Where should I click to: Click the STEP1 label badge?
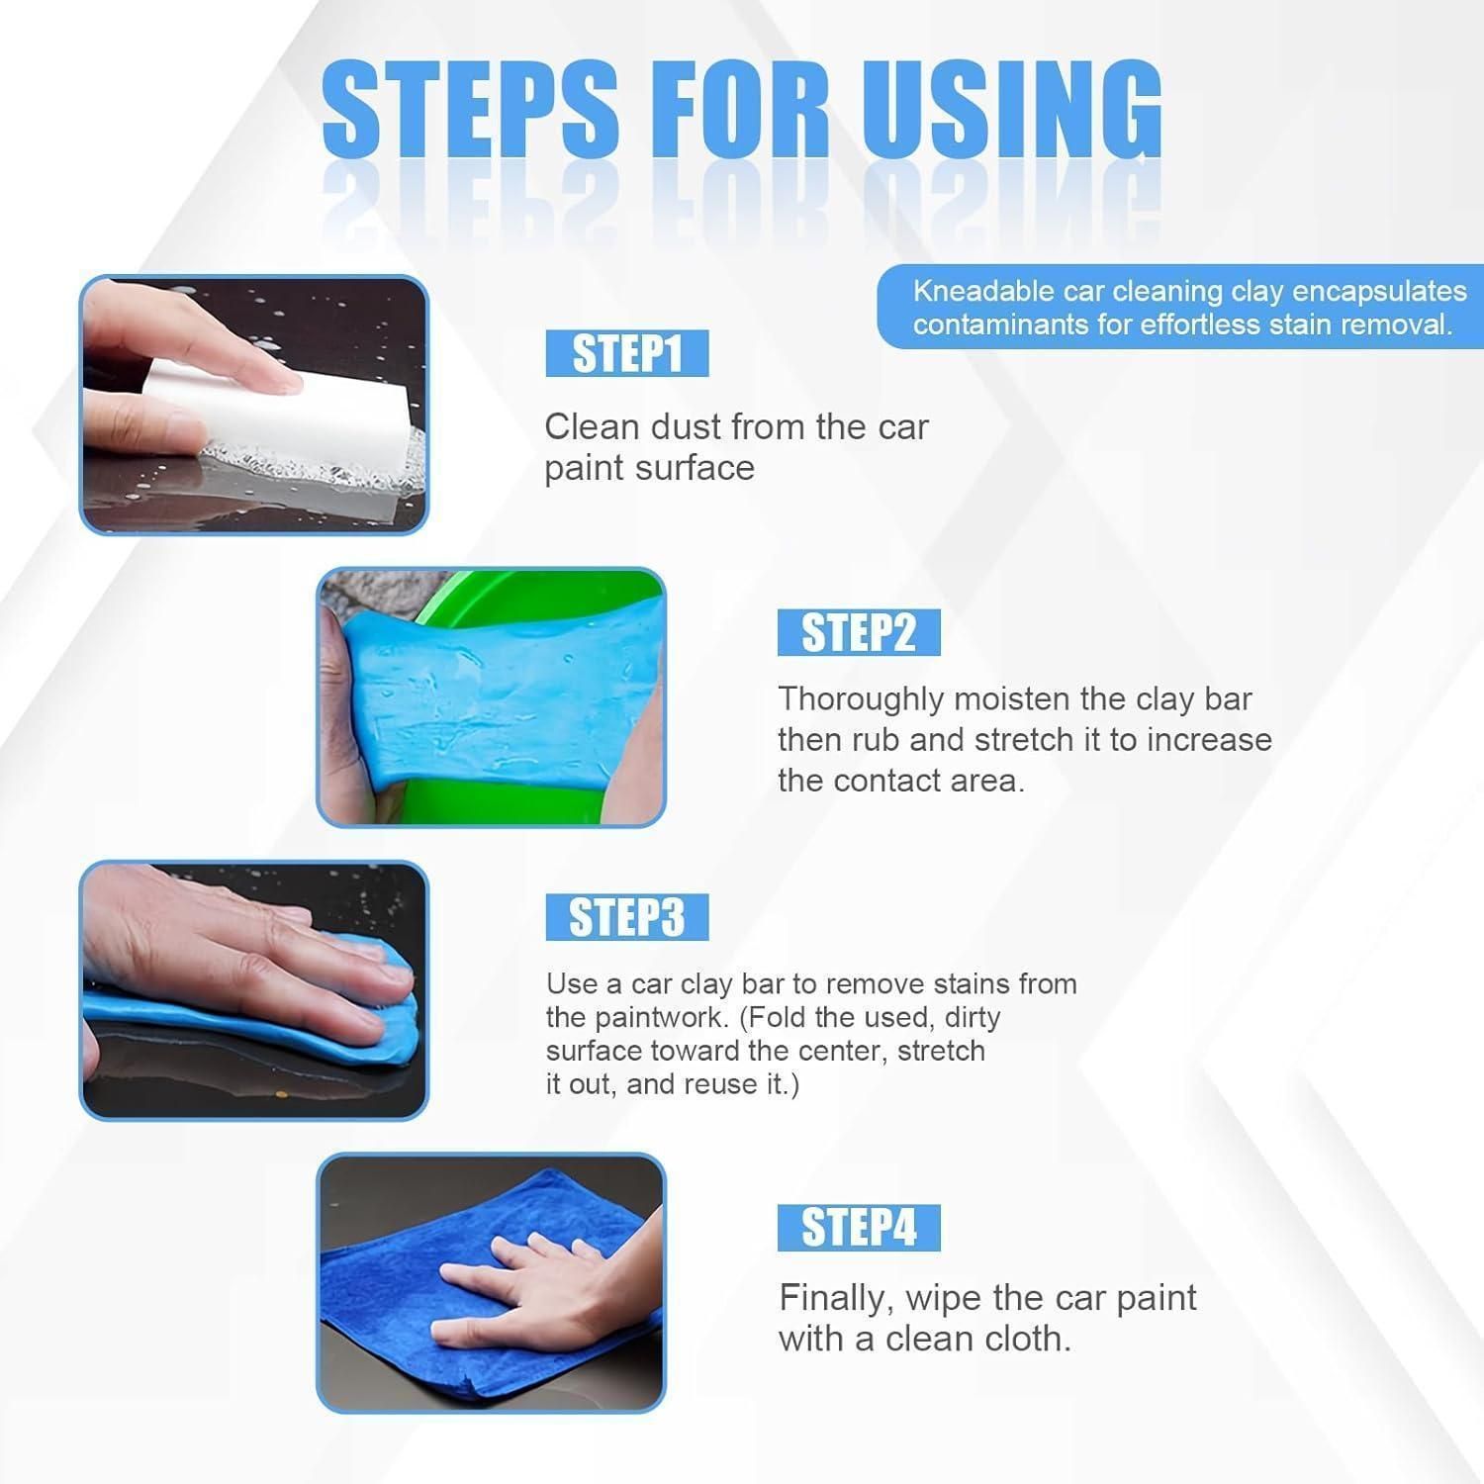coord(627,354)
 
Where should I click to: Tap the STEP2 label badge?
coord(859,633)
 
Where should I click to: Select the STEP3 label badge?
coord(627,918)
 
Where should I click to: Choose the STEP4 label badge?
coord(859,1228)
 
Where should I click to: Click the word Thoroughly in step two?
coord(861,700)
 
